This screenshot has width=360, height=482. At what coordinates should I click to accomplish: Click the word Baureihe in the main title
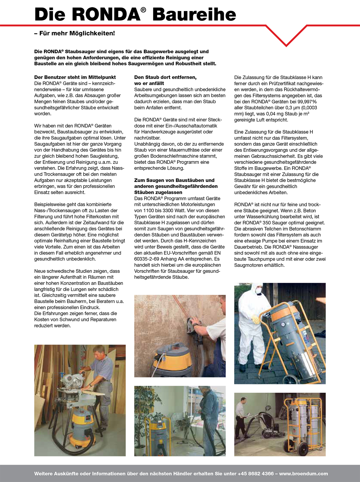tap(194, 15)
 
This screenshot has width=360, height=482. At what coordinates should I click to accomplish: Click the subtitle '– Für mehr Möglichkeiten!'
tap(75, 33)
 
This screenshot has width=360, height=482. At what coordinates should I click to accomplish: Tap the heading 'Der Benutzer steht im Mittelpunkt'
tap(75, 77)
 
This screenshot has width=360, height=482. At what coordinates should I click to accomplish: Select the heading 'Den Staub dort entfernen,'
tap(165, 77)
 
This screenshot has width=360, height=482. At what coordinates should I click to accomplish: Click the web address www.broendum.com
tap(303, 474)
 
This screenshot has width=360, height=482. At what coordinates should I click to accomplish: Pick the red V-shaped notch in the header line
tap(286, 36)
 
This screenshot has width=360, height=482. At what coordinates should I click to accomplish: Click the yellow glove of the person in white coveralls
tap(256, 319)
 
